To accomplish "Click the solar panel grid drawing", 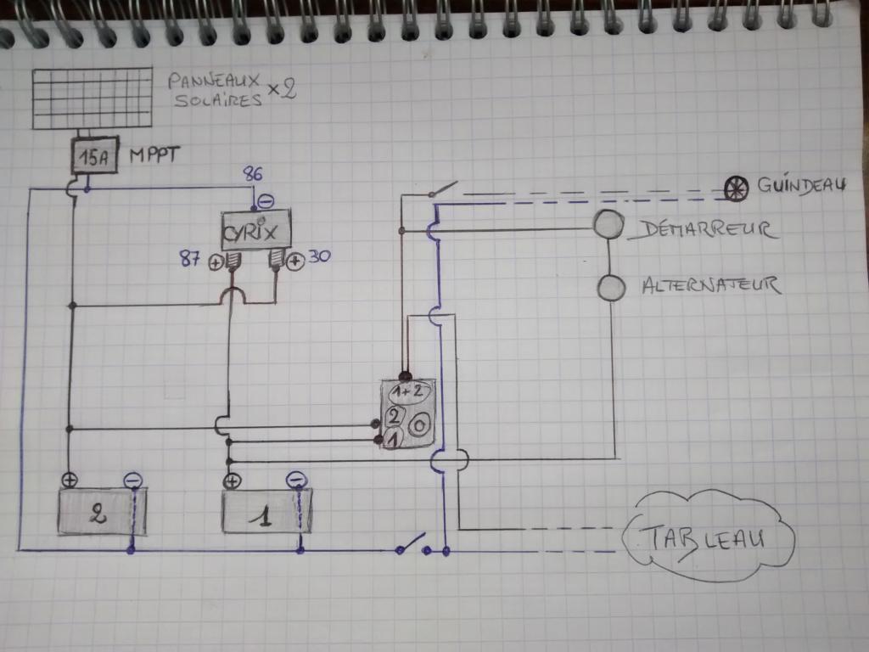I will point(93,98).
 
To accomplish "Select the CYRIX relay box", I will point(255,228).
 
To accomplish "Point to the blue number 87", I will point(190,260).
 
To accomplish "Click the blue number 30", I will point(318,256).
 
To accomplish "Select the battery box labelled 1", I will point(265,513).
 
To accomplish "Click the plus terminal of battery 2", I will point(70,480).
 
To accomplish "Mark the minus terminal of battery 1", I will point(295,481).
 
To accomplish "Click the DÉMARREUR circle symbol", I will point(608,224).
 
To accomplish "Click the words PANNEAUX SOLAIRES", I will point(214,91).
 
